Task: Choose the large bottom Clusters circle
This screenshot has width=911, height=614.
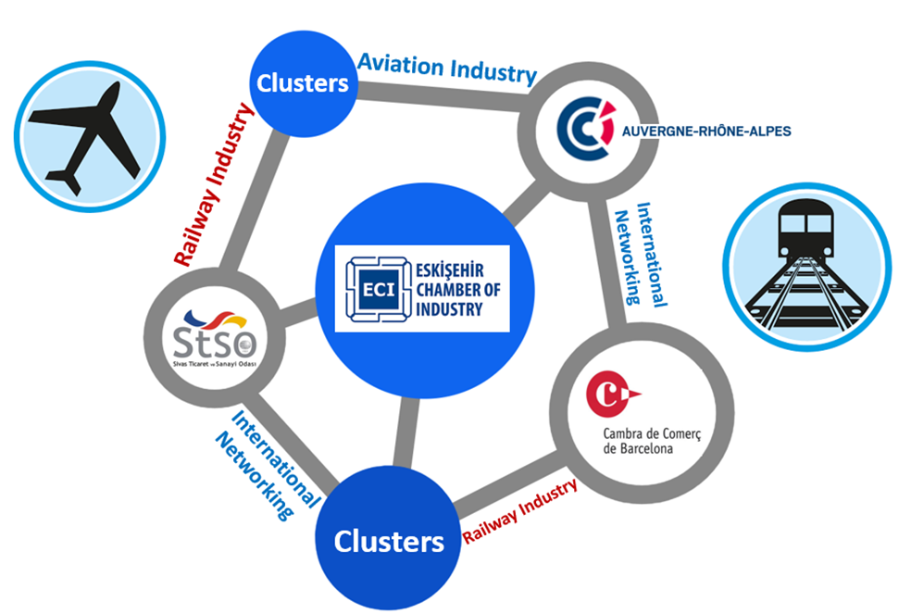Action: tap(389, 541)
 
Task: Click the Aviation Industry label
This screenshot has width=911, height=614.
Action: tap(447, 69)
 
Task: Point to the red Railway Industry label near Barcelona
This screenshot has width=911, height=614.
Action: tap(520, 510)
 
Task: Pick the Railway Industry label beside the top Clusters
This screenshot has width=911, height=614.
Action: tap(214, 185)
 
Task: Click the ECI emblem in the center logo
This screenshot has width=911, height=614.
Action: tap(368, 288)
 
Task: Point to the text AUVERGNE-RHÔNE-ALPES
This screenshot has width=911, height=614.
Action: tap(707, 132)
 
